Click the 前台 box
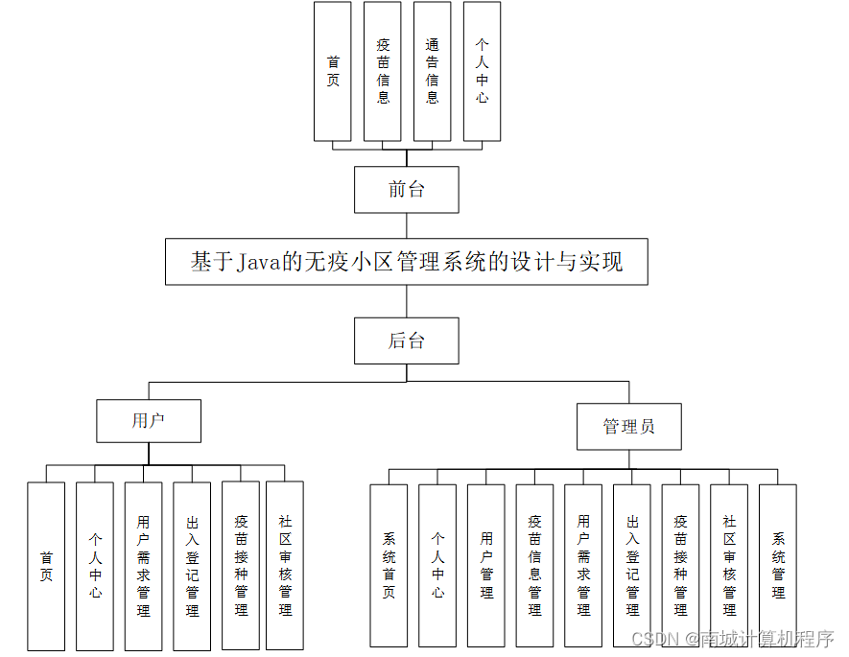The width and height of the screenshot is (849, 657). (406, 189)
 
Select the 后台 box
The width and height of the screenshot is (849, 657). (406, 340)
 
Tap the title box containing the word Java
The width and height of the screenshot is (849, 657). (406, 262)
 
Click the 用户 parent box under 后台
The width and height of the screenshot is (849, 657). (149, 420)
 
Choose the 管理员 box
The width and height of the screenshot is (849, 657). (628, 427)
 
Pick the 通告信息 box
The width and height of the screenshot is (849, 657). (432, 71)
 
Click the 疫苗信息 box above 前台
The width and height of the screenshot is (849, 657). (383, 71)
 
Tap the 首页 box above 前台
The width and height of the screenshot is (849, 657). (333, 71)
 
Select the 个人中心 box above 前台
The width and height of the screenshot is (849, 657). (482, 71)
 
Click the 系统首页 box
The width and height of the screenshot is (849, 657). (389, 565)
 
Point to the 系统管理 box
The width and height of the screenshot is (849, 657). (777, 565)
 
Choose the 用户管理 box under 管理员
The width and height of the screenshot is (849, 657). (486, 565)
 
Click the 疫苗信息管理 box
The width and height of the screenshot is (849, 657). (534, 565)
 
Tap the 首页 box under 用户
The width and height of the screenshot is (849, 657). (46, 566)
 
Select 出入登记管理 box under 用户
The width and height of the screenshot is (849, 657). (192, 566)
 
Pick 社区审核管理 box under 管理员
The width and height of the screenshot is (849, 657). (729, 565)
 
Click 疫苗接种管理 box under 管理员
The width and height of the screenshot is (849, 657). (680, 565)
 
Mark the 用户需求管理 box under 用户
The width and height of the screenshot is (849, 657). (143, 566)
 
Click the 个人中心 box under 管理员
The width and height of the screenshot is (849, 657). (437, 565)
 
